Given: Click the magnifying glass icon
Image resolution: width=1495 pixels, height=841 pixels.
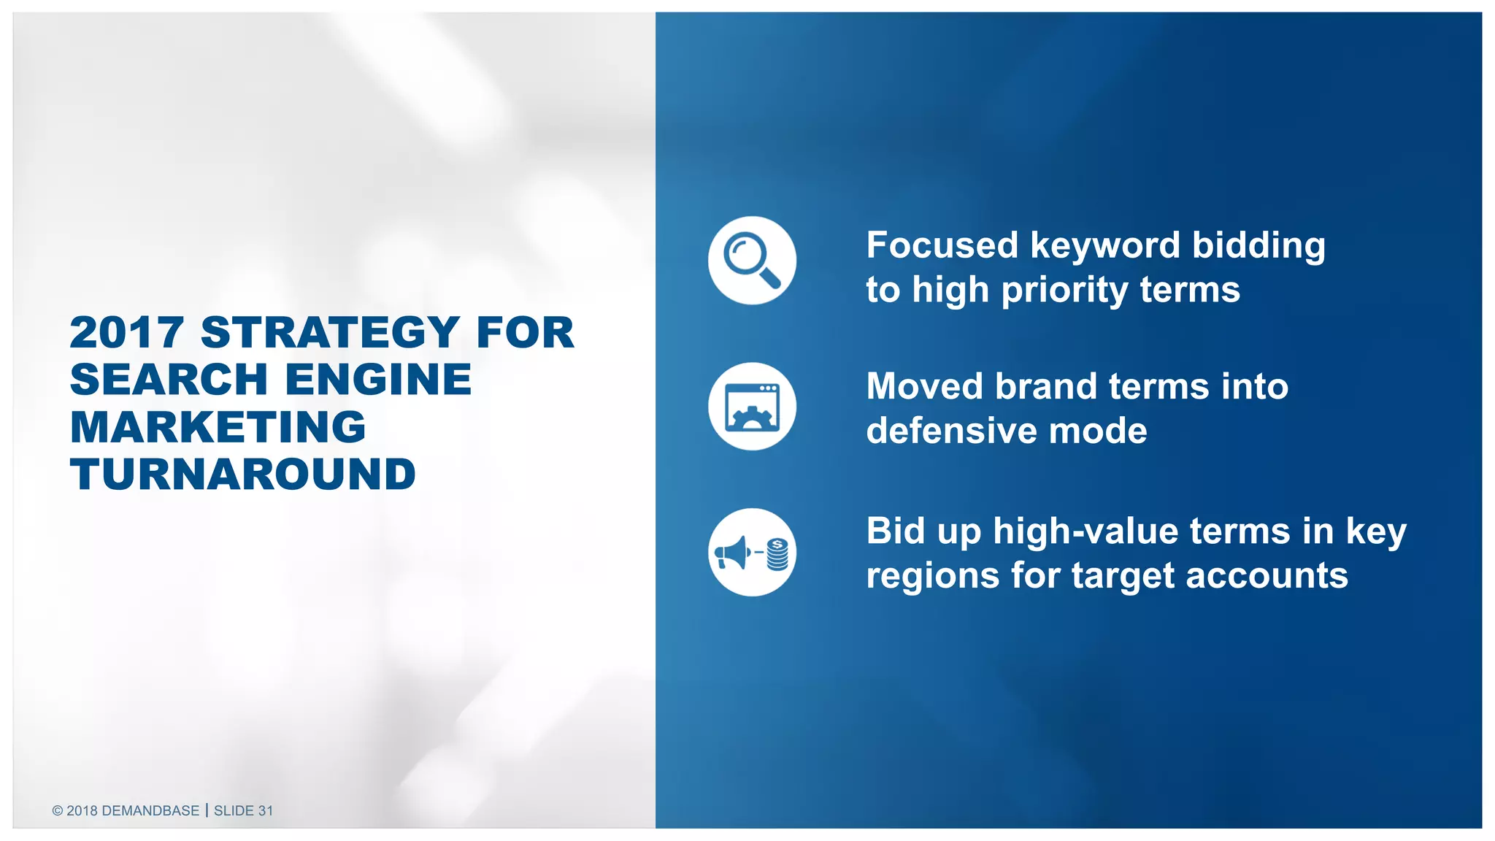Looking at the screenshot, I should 752,260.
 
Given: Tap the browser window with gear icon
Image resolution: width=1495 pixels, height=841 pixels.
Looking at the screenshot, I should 752,407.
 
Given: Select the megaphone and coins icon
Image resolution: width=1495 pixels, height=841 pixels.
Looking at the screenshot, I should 752,553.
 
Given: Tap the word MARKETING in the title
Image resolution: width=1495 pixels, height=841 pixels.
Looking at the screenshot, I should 218,427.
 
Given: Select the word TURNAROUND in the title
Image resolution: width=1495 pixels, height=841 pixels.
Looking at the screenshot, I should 243,475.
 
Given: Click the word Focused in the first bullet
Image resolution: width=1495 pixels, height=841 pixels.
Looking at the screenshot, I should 942,245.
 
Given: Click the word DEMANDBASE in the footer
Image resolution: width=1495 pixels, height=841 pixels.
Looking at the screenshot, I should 150,810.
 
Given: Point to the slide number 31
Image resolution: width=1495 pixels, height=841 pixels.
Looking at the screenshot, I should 265,810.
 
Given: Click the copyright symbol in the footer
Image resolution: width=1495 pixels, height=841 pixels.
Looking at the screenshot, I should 58,810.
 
